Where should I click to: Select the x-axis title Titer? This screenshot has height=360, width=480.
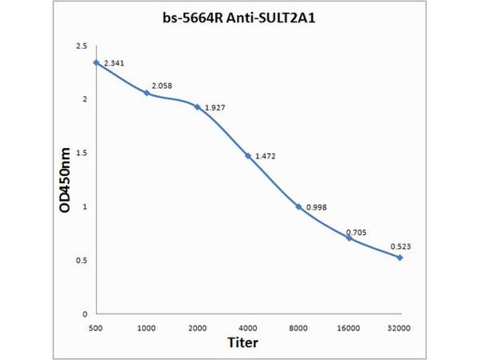click(x=243, y=343)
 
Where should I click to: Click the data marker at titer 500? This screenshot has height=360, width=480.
click(x=96, y=62)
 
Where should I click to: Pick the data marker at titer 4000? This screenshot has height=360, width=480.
click(x=248, y=155)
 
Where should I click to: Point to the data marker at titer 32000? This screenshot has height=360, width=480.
click(x=400, y=257)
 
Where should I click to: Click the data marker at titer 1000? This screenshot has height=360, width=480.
click(x=146, y=92)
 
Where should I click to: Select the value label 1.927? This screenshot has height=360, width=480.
click(x=215, y=109)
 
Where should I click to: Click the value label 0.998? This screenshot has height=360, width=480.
click(x=316, y=208)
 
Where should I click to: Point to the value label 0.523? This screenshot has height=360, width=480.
click(x=401, y=246)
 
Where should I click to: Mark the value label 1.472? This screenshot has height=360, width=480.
click(x=266, y=156)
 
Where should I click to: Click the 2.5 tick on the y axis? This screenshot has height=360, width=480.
click(x=82, y=46)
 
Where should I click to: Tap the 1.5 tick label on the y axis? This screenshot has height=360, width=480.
click(x=82, y=153)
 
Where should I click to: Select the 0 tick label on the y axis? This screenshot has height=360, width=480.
click(x=85, y=314)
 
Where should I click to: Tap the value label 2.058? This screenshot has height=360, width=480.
click(x=162, y=85)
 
